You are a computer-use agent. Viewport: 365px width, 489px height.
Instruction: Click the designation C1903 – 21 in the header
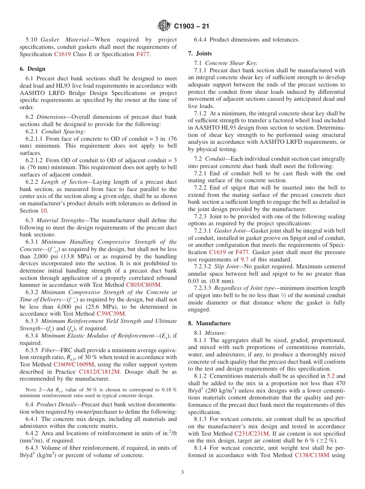tap(191, 27)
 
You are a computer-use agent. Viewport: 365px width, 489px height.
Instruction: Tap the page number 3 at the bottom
tap(182, 472)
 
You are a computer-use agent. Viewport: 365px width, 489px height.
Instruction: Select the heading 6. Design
tap(32, 69)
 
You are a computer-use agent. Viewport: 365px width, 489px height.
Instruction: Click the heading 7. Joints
tap(200, 53)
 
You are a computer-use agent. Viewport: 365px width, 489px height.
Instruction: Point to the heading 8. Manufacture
tap(209, 323)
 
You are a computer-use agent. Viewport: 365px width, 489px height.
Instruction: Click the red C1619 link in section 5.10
tap(62, 54)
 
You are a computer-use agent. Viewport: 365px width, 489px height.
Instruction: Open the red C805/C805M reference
tap(144, 285)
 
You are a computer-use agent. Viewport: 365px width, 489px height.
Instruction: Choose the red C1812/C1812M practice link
tap(100, 372)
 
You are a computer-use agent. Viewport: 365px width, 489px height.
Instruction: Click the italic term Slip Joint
tap(227, 266)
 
